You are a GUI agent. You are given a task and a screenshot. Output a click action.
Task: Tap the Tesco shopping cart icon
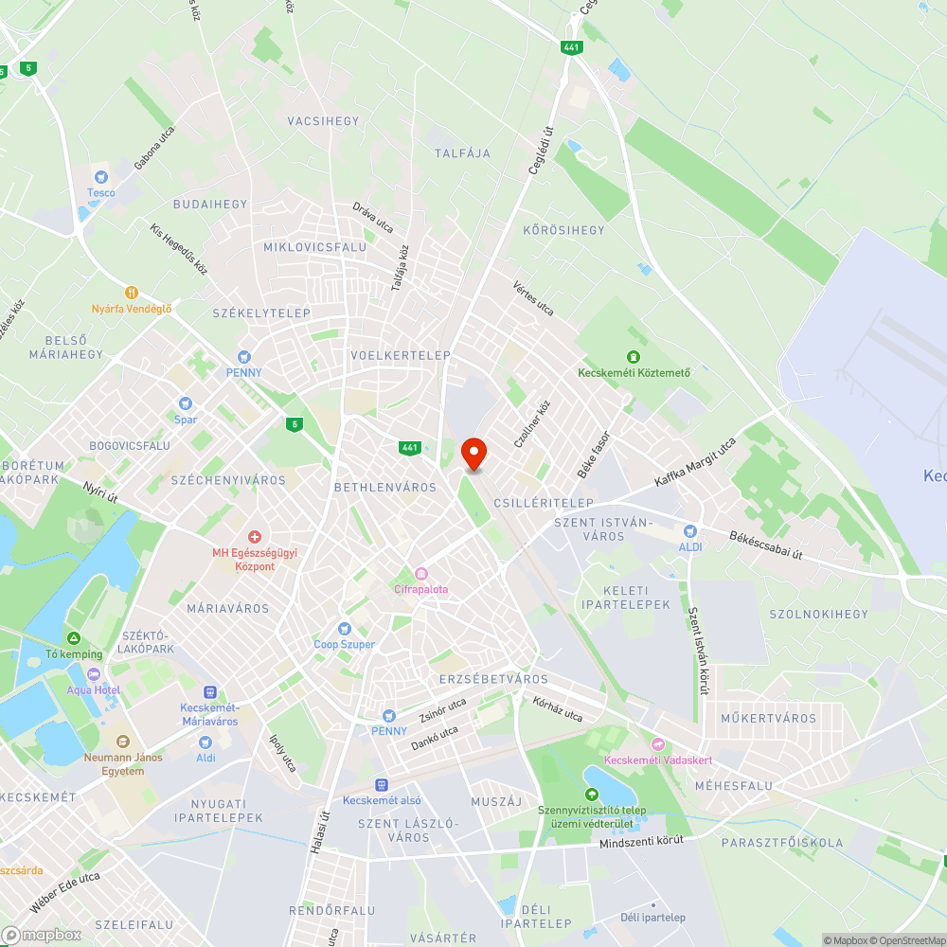click(x=101, y=176)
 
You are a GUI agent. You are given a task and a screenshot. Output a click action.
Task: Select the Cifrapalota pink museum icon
click(x=421, y=573)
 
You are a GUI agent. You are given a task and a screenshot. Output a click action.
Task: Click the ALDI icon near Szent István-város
click(x=689, y=531)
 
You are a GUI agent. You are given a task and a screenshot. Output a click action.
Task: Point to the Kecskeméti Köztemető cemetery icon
click(x=634, y=356)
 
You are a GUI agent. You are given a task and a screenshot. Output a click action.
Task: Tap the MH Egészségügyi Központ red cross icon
click(x=255, y=537)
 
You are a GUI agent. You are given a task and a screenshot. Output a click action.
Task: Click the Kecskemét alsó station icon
click(x=382, y=784)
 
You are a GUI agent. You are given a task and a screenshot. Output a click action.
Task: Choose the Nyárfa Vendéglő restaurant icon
click(x=132, y=293)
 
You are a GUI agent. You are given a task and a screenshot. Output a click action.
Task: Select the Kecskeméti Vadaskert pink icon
click(x=658, y=744)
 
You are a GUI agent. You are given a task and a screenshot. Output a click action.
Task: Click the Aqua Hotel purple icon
click(x=93, y=674)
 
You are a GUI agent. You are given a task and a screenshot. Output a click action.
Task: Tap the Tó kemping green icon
click(x=73, y=639)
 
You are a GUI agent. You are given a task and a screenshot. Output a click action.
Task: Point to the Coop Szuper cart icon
click(x=345, y=629)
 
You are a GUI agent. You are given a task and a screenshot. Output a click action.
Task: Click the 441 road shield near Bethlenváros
click(x=409, y=448)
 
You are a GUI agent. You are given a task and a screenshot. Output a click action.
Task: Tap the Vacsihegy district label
click(x=323, y=121)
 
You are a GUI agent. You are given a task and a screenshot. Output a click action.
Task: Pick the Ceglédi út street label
click(x=540, y=152)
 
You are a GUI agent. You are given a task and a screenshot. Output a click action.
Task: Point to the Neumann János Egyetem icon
click(x=122, y=742)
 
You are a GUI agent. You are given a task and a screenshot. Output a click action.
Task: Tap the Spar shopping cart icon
click(x=185, y=403)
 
